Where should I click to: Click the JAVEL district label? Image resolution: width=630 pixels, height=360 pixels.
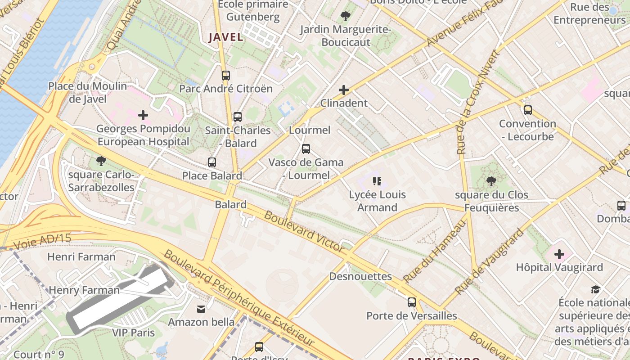coord(225,37)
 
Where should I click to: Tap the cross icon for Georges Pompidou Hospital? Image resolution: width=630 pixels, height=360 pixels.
coord(143,115)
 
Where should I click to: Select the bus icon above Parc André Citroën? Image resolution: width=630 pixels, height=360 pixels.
coord(226,76)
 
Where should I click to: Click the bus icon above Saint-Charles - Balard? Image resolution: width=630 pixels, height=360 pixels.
coord(238,117)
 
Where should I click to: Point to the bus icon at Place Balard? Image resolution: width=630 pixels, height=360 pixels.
coord(212,162)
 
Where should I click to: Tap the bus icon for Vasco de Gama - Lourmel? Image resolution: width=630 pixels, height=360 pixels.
coord(306,149)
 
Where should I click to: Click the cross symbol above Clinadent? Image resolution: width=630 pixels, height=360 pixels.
coord(344,90)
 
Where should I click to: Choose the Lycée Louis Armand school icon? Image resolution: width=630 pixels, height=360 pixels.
coord(377,181)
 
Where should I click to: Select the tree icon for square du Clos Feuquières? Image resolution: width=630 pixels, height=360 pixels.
coord(491,182)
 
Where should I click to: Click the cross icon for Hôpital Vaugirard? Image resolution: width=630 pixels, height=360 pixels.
coord(559,254)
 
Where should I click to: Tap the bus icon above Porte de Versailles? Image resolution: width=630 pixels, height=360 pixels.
coord(412,302)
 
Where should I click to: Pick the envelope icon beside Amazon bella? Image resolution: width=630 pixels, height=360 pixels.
coord(201,309)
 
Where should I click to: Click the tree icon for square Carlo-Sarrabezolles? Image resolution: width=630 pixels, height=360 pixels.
coord(101,161)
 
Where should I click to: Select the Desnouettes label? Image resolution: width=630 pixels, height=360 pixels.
coord(360,276)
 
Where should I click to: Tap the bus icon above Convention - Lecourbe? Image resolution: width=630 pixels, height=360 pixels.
coord(528,110)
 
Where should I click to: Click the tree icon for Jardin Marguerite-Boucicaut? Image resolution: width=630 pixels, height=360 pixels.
coord(346,17)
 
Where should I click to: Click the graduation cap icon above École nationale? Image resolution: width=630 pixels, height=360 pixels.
coord(596,289)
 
